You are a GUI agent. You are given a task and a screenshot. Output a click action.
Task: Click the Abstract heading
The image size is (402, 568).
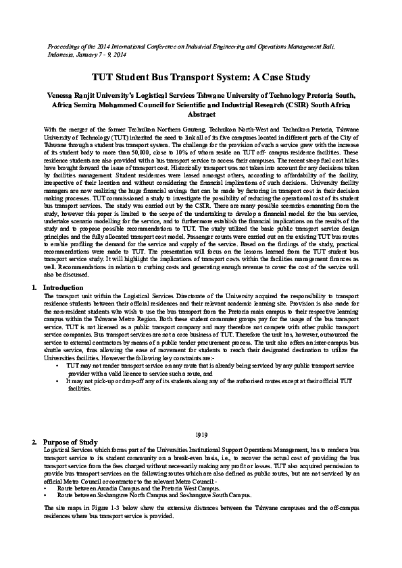point(201,115)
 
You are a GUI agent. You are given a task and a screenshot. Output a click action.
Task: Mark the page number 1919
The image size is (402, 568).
point(201,434)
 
